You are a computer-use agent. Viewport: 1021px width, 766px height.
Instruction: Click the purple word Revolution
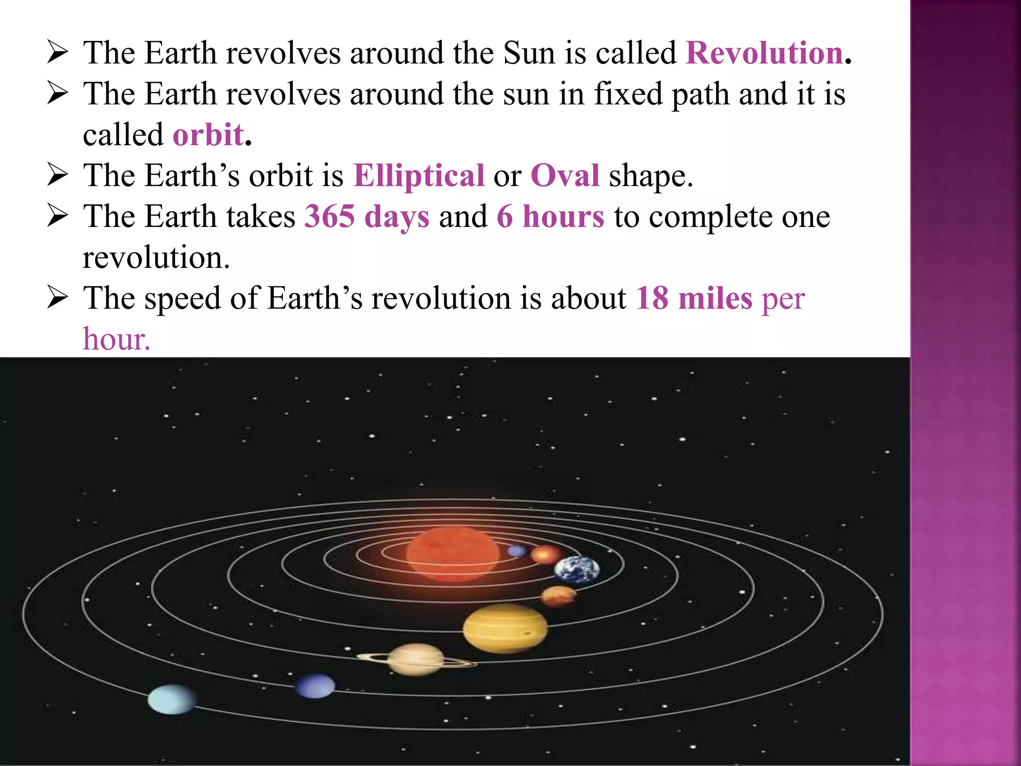click(x=764, y=53)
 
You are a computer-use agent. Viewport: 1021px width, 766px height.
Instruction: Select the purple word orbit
click(x=208, y=135)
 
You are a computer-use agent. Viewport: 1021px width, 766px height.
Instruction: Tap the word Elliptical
click(x=419, y=176)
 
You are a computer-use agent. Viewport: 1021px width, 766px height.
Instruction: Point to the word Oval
click(x=565, y=176)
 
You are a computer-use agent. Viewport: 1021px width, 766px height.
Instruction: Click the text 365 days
click(x=366, y=216)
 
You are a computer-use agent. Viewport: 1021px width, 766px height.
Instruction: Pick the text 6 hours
click(x=550, y=216)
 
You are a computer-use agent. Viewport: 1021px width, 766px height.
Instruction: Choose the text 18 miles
click(x=694, y=298)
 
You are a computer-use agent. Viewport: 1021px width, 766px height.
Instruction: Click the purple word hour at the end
click(x=116, y=339)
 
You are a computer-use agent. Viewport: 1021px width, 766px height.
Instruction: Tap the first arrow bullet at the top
click(x=57, y=53)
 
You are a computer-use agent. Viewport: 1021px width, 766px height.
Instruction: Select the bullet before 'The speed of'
click(x=57, y=298)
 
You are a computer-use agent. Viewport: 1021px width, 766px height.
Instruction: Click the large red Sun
click(x=453, y=554)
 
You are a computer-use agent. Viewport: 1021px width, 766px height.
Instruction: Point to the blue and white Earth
click(x=577, y=570)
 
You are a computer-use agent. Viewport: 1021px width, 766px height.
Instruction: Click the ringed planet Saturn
click(x=416, y=659)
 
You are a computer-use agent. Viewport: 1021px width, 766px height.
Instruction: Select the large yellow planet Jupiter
click(x=505, y=628)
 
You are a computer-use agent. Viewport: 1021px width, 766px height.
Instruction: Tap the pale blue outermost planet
click(x=171, y=699)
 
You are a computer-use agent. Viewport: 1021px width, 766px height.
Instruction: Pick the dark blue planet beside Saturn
click(x=315, y=686)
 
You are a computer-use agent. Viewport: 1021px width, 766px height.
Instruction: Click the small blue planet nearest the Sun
click(x=517, y=551)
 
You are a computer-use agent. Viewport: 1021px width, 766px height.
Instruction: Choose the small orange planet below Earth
click(x=558, y=595)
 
